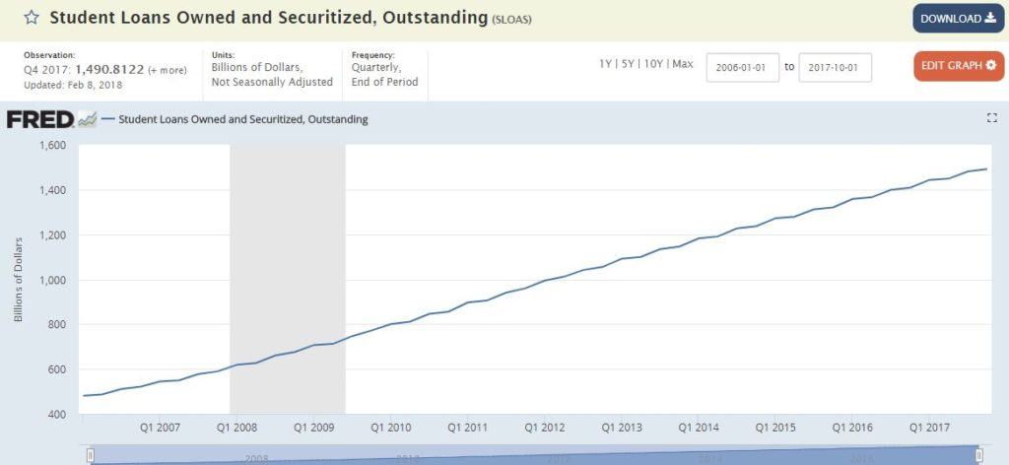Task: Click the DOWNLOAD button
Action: tap(958, 19)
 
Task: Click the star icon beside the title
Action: tap(32, 18)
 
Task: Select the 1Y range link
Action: tap(605, 64)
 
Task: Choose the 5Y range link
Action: tap(628, 64)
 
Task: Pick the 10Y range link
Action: tap(652, 64)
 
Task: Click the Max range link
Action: tap(683, 64)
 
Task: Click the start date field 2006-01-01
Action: tap(743, 67)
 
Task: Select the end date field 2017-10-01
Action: tap(835, 67)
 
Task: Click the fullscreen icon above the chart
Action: tap(991, 118)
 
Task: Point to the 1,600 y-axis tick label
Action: tap(52, 145)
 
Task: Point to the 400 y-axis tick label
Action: tap(56, 414)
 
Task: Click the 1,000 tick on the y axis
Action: tap(52, 280)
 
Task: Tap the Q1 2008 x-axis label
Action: tap(236, 429)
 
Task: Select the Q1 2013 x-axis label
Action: tap(622, 429)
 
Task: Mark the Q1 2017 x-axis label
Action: tap(929, 429)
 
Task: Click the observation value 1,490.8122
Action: tap(109, 69)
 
